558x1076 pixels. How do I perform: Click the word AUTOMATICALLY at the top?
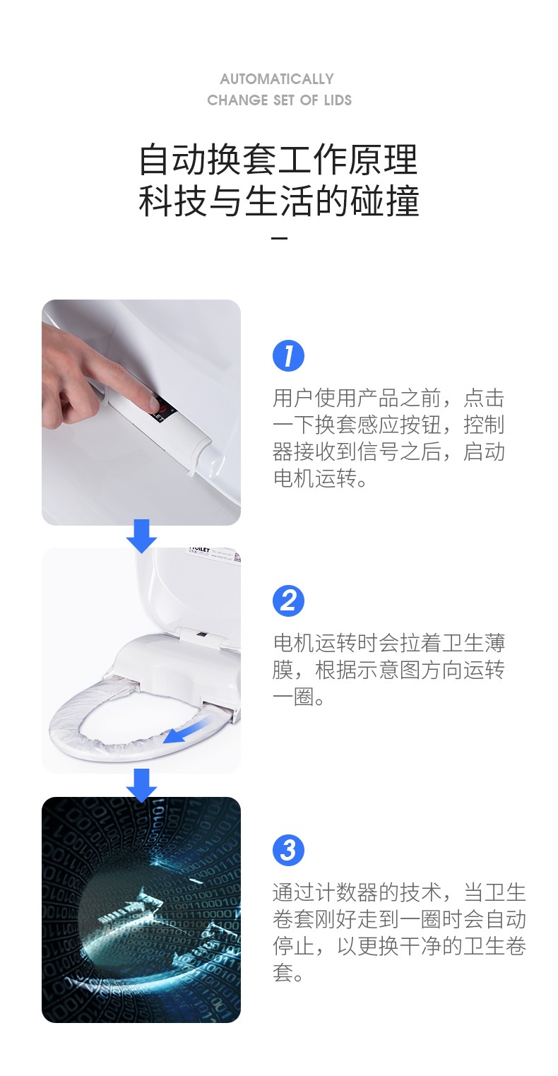[277, 79]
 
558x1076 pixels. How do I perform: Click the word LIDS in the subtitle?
[338, 100]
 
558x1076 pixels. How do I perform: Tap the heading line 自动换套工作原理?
[278, 160]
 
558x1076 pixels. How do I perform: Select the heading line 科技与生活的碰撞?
[279, 200]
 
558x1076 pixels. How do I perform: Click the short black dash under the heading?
[279, 238]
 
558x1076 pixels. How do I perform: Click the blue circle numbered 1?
[288, 356]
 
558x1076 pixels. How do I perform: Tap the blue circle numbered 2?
[288, 601]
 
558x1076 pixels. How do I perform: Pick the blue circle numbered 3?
[288, 850]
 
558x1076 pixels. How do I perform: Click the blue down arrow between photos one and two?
[141, 536]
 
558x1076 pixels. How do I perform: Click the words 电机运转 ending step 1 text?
[314, 478]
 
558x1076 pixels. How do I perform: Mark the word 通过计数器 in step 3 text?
[326, 892]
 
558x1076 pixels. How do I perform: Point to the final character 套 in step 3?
[283, 973]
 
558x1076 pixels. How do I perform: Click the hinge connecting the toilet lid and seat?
[202, 637]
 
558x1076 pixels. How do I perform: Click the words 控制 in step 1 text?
[484, 425]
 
